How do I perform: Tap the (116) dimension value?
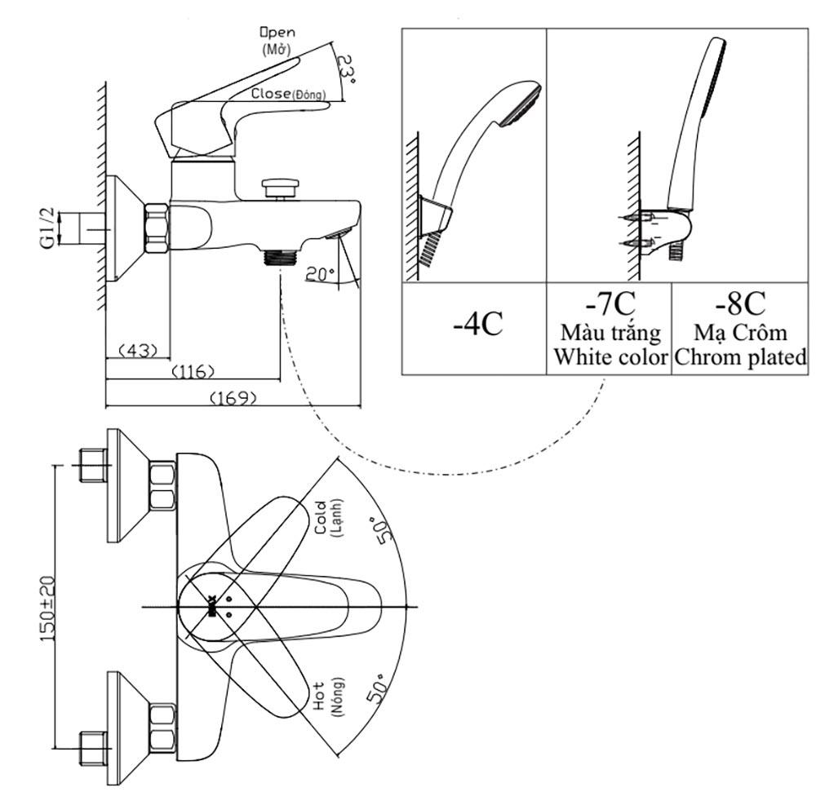click(x=193, y=372)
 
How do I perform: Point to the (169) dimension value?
click(x=233, y=398)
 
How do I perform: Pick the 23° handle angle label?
click(x=346, y=70)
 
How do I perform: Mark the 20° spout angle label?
click(x=320, y=275)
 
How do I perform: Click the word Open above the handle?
click(x=278, y=33)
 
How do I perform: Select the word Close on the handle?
click(x=270, y=94)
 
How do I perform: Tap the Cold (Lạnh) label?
click(x=326, y=517)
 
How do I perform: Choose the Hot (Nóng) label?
click(x=326, y=696)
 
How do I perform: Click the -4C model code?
click(x=477, y=324)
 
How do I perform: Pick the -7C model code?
click(x=609, y=303)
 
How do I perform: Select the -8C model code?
click(x=740, y=303)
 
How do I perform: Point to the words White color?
click(x=610, y=357)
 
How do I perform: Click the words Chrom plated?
click(x=741, y=357)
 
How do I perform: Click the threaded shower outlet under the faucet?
click(x=279, y=258)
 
